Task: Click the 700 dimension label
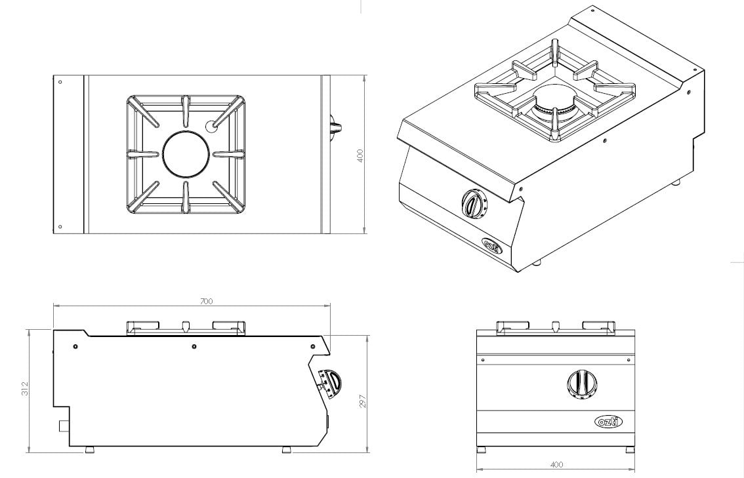207,301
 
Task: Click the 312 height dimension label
26,388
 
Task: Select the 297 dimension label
364,402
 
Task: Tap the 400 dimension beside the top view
360,156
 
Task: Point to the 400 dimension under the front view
558,464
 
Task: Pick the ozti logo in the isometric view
492,245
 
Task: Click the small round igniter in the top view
210,126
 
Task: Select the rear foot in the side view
89,448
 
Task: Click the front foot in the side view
287,448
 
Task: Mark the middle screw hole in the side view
194,346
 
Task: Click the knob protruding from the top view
335,127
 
